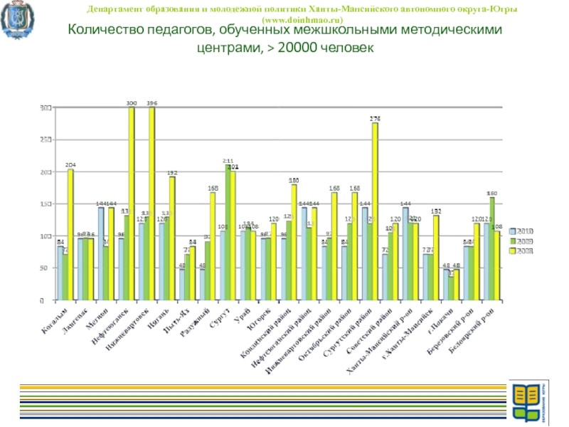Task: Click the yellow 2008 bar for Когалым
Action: tap(70, 235)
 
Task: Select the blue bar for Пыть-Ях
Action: tap(183, 285)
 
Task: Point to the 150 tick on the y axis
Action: tap(44, 204)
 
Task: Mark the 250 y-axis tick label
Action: tap(44, 140)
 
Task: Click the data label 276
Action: tap(375, 117)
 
